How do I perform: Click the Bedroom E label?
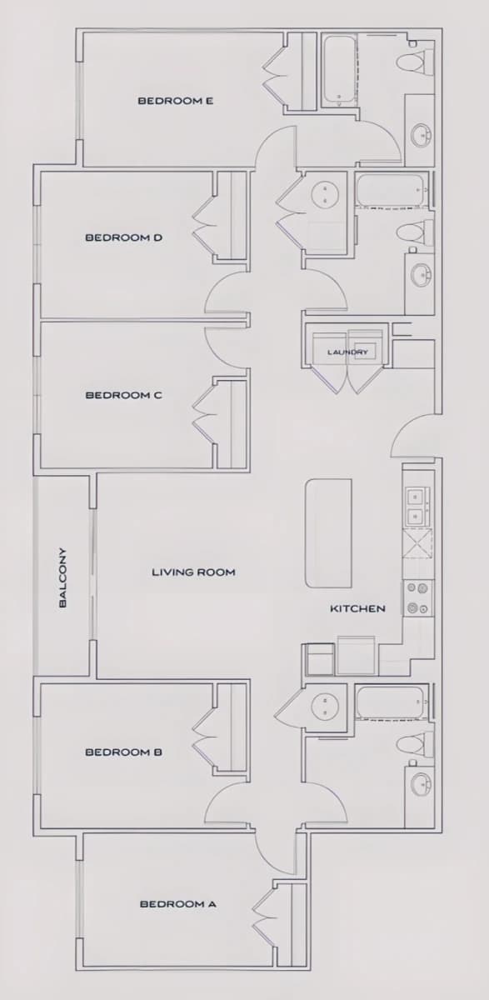coord(175,101)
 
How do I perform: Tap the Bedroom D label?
coord(123,237)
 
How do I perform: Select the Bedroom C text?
coord(123,396)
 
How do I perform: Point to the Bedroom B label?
coord(123,752)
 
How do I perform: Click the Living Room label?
coord(193,572)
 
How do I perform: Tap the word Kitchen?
coord(358,608)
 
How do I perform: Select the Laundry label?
coord(347,352)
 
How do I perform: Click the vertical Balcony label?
coord(62,577)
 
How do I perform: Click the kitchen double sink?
coord(418,507)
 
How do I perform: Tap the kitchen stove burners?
coord(418,598)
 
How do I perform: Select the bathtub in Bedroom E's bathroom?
coord(339,72)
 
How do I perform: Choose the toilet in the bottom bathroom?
coord(415,743)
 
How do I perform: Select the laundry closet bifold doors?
coord(348,378)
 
